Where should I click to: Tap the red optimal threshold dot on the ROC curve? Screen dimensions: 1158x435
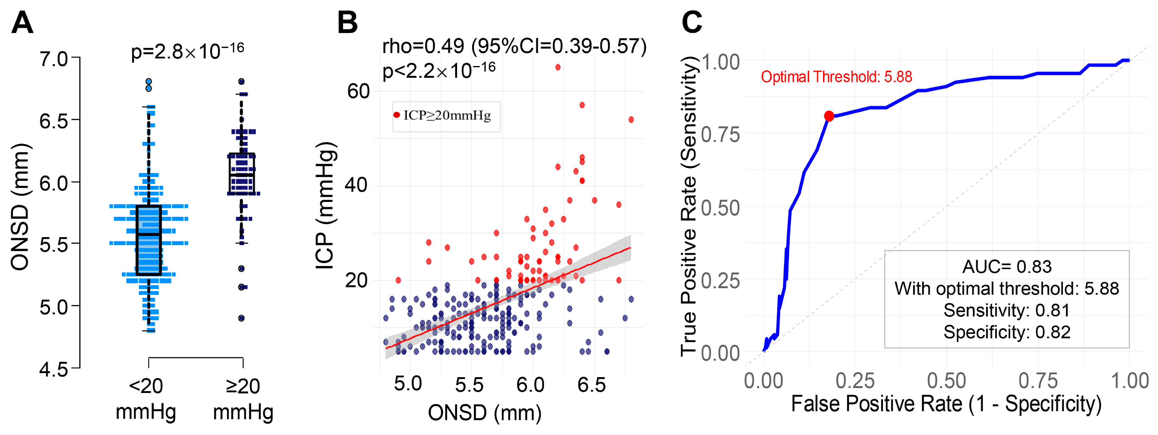pyautogui.click(x=829, y=116)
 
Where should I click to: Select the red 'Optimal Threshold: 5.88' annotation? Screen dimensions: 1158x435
pyautogui.click(x=836, y=77)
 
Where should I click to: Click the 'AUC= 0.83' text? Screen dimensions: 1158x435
pyautogui.click(x=1007, y=267)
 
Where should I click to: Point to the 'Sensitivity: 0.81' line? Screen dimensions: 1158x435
pyautogui.click(x=1007, y=310)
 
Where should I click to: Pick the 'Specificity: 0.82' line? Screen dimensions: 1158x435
pyautogui.click(x=1007, y=332)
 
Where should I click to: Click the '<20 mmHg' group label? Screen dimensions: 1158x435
pyautogui.click(x=146, y=399)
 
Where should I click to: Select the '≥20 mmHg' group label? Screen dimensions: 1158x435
pyautogui.click(x=243, y=399)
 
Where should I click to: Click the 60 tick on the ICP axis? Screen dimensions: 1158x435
pyautogui.click(x=358, y=91)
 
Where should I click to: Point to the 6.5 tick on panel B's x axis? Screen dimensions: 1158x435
pyautogui.click(x=592, y=385)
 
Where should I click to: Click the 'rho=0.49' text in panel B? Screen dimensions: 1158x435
pyautogui.click(x=423, y=46)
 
